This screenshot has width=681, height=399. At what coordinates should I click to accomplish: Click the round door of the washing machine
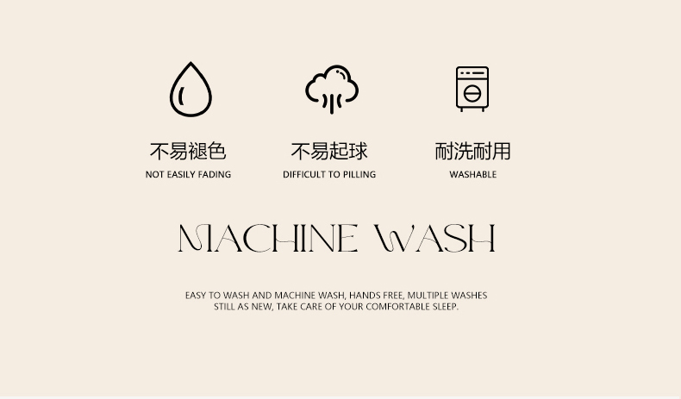tap(472, 93)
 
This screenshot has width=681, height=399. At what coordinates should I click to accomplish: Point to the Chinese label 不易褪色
tap(188, 151)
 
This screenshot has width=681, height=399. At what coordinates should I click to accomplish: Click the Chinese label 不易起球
tap(329, 151)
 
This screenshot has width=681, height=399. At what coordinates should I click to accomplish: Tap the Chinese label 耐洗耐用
tap(472, 151)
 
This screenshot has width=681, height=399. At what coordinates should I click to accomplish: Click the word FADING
tap(215, 175)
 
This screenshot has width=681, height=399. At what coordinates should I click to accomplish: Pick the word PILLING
tap(359, 175)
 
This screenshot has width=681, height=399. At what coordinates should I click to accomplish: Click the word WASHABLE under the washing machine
tap(473, 175)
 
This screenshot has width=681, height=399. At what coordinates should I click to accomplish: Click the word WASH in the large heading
tap(434, 238)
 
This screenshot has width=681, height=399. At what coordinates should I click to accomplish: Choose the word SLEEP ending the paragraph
tap(445, 307)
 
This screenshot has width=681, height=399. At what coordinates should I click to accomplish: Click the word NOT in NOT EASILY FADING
tap(154, 175)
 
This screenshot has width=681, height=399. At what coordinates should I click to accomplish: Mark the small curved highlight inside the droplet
tap(181, 96)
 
